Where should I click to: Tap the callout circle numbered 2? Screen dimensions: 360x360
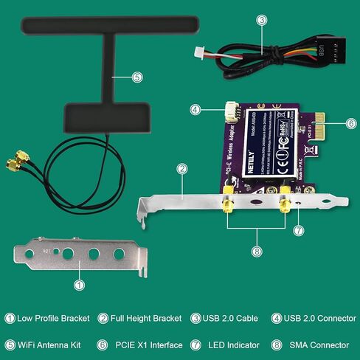(181, 168)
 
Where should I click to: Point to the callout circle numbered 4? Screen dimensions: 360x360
(195, 110)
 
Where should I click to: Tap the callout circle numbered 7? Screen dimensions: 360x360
(299, 230)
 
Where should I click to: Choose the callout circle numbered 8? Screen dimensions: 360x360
(256, 251)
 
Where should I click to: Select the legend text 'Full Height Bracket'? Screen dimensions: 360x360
(146, 319)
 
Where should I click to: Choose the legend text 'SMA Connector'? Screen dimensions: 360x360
(316, 345)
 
